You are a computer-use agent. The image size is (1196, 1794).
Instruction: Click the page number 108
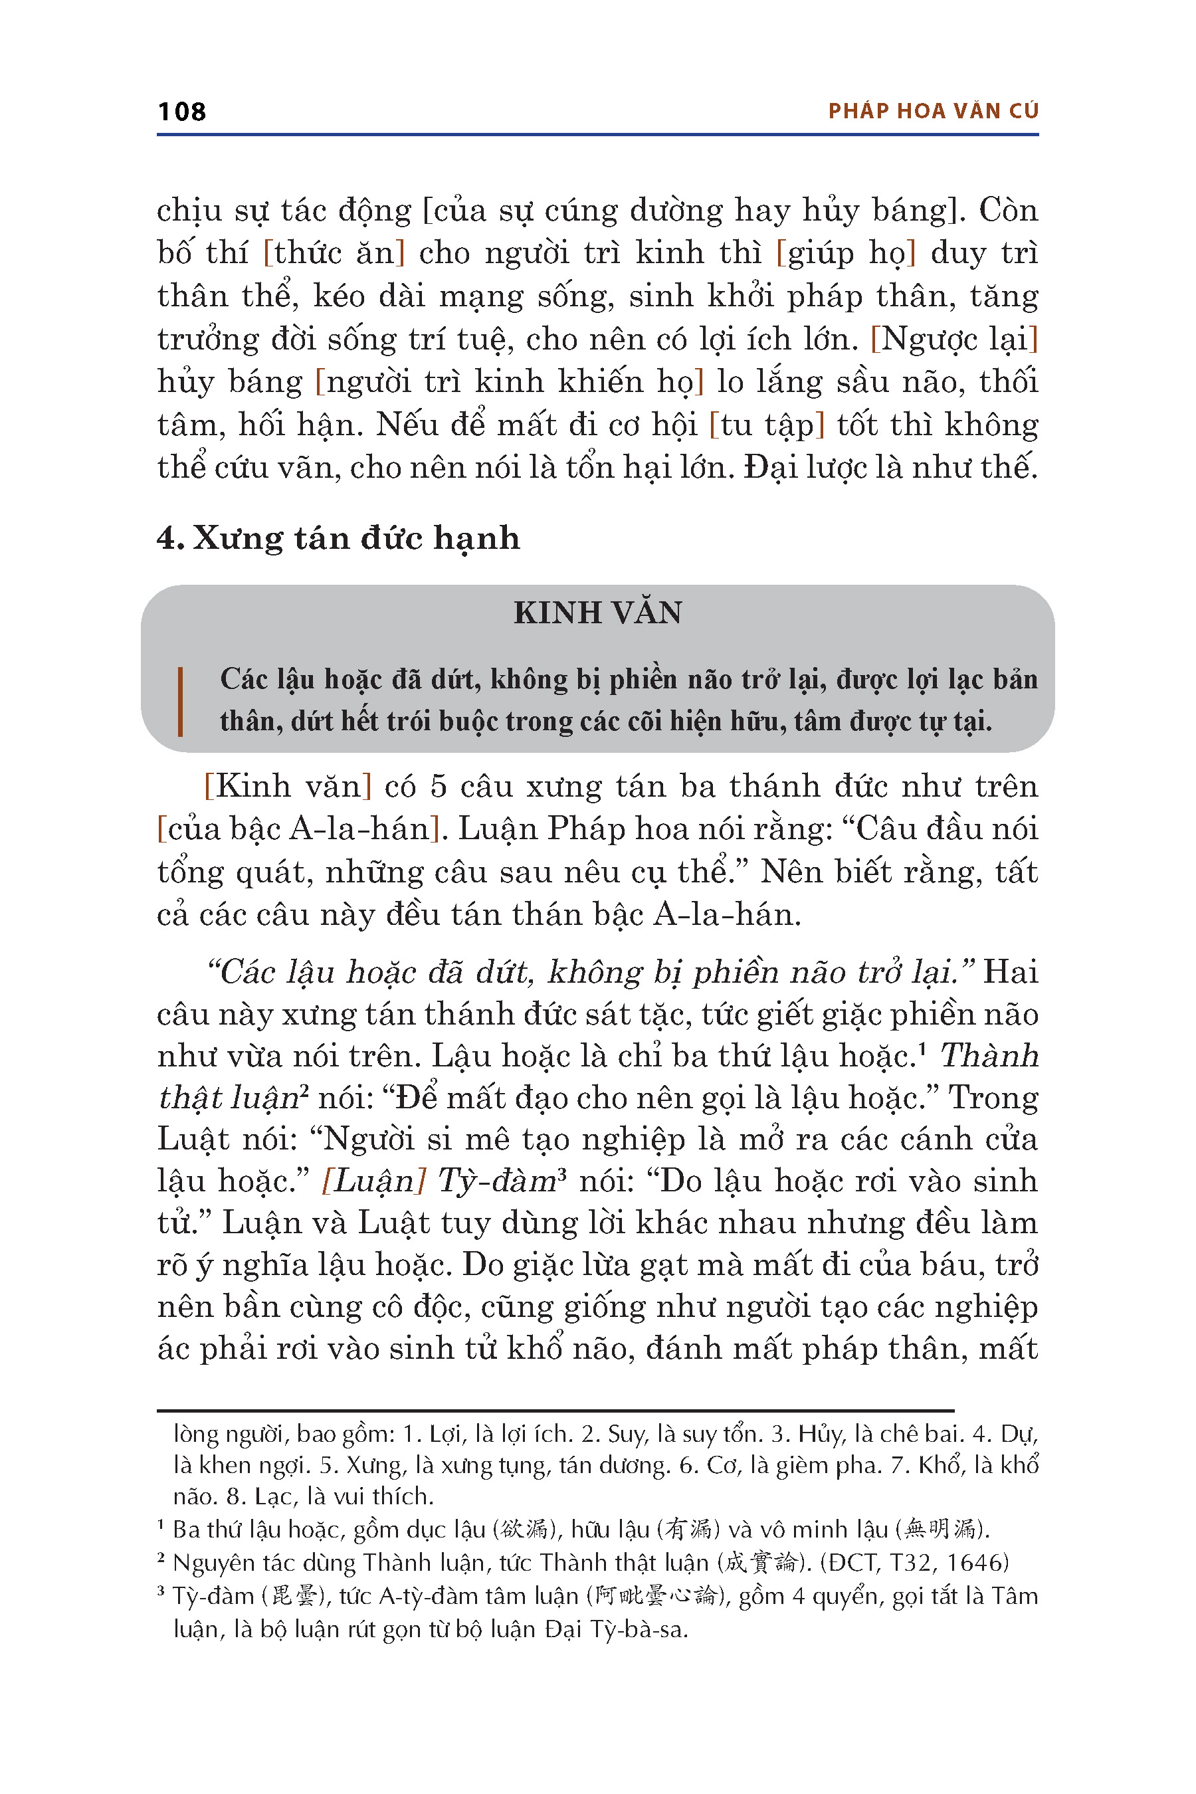pos(181,112)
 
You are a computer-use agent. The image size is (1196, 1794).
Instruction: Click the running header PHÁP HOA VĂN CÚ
pos(933,112)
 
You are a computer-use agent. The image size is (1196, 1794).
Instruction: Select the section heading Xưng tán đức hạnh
pos(356,538)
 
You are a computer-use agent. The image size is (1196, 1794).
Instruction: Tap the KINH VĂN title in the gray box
pos(597,613)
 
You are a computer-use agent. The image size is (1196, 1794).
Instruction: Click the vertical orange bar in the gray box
pos(180,701)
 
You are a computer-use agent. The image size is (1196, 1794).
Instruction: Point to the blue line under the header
pos(597,135)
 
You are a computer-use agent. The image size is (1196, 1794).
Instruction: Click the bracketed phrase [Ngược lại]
pos(954,339)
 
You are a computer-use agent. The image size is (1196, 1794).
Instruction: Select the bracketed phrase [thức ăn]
pos(334,253)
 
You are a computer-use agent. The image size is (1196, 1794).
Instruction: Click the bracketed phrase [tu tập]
pos(767,425)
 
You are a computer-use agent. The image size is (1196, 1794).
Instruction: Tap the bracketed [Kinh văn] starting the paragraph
pos(288,787)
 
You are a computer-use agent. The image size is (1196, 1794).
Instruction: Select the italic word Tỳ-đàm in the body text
pos(496,1181)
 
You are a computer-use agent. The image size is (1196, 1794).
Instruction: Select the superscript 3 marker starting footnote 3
pos(161,1592)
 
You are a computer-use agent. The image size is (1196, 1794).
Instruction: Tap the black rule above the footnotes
pos(555,1411)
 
